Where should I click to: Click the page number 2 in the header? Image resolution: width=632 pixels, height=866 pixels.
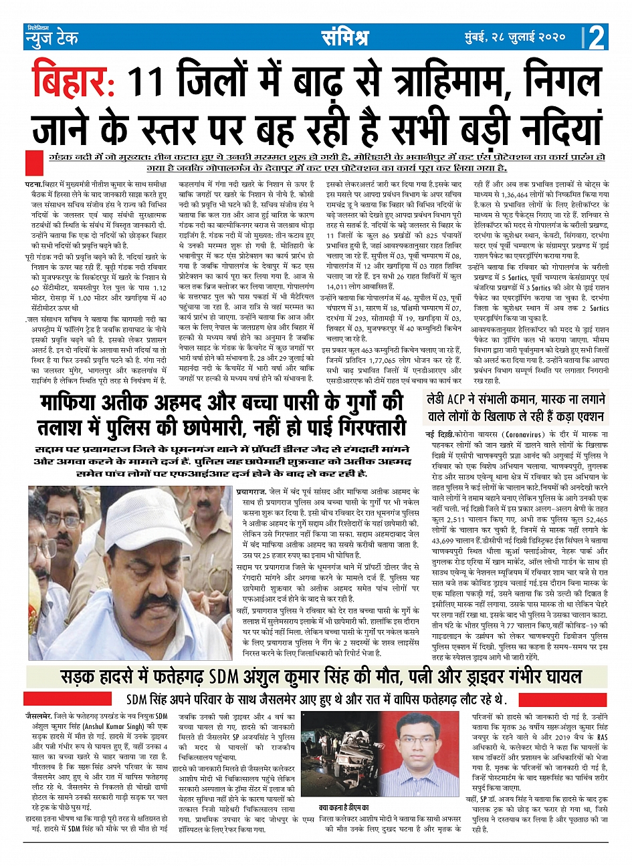tap(597, 37)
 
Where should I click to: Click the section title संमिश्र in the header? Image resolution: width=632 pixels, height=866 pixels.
tap(344, 37)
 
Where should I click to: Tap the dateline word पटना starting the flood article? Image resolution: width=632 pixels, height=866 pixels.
tap(33, 183)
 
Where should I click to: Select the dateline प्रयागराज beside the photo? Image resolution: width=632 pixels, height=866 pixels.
tap(253, 492)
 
